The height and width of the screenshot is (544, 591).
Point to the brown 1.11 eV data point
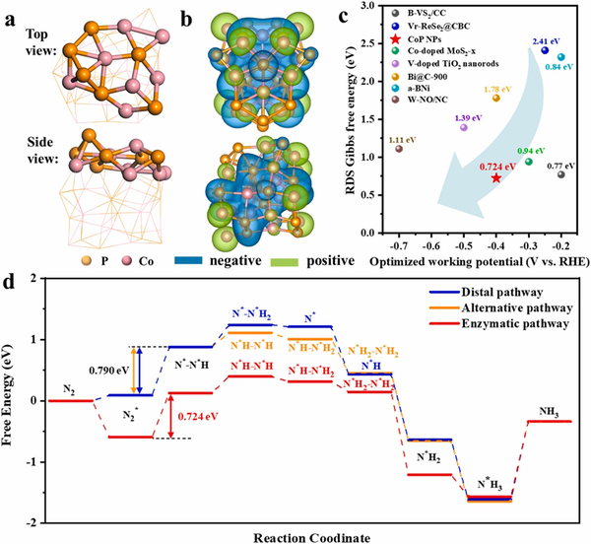399,148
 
